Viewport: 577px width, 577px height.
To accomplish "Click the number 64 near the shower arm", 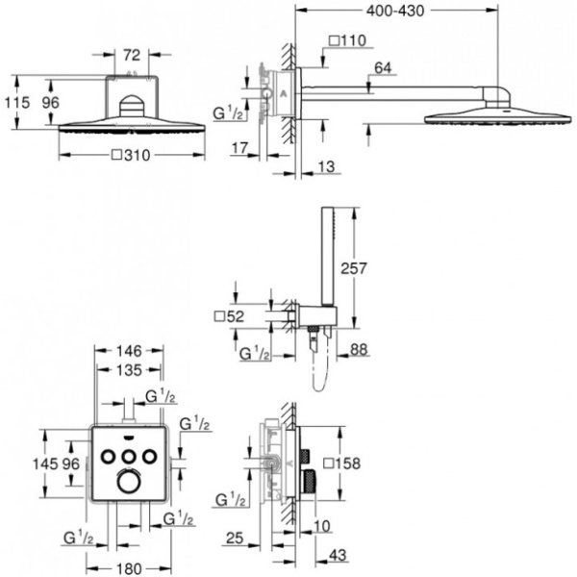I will pyautogui.click(x=383, y=67).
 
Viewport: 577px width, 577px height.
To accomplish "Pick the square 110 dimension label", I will pyautogui.click(x=347, y=40).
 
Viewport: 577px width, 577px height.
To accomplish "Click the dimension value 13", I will pyautogui.click(x=328, y=167).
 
